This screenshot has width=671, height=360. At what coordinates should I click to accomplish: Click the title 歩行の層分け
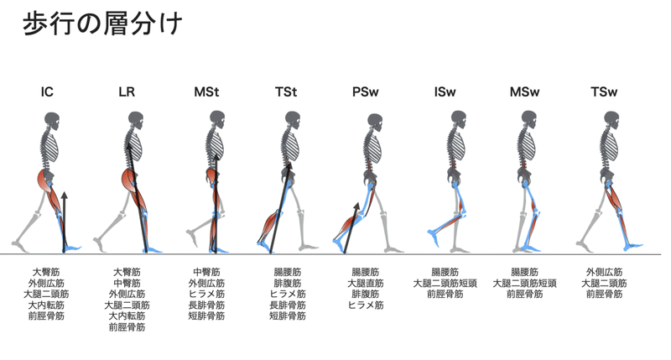click(102, 23)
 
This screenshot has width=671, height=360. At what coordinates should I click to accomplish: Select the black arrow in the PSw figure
click(351, 227)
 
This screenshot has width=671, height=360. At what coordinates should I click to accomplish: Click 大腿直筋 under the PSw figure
click(366, 284)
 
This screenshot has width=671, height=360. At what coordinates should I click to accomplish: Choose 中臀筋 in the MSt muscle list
click(206, 273)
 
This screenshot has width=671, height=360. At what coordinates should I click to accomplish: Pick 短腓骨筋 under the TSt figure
click(286, 316)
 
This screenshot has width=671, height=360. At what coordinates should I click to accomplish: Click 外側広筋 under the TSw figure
click(604, 273)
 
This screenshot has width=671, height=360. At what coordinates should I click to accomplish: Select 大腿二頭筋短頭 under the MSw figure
click(524, 284)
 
